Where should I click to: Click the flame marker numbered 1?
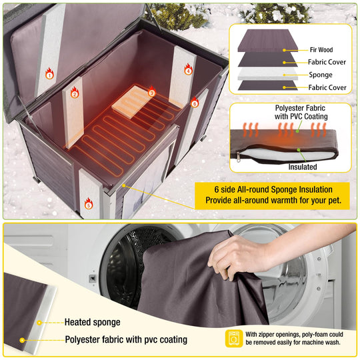tap(49, 74)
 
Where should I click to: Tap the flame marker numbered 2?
tap(75, 93)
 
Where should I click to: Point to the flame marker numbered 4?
tap(188, 69)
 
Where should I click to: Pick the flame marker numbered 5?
tap(89, 205)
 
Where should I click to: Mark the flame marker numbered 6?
tap(194, 103)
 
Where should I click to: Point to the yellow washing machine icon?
tap(234, 338)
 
